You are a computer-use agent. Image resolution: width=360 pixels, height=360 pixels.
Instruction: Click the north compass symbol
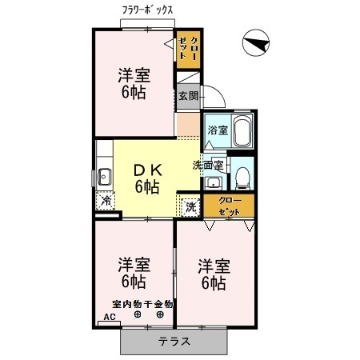(x=256, y=42)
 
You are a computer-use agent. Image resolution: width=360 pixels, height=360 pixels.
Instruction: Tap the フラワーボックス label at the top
(x=147, y=10)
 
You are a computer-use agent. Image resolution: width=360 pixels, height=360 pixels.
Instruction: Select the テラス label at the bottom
(x=174, y=341)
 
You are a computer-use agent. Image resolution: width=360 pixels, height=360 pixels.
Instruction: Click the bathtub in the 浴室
(x=242, y=131)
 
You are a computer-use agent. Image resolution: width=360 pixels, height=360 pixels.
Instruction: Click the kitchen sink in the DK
(x=105, y=177)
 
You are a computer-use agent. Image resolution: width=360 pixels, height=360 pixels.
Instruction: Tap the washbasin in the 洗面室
(x=213, y=182)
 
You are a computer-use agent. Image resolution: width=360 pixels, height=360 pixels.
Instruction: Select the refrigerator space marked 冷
(x=106, y=201)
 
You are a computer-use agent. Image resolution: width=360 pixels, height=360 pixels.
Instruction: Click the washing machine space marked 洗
(x=190, y=207)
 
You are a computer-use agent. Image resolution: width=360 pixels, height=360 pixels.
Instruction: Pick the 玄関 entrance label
(x=189, y=96)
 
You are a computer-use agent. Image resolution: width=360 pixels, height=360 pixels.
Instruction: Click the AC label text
(x=110, y=317)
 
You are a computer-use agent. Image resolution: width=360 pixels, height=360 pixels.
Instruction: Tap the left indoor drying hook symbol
(x=138, y=314)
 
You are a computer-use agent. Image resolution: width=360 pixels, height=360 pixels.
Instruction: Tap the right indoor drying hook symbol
(x=160, y=314)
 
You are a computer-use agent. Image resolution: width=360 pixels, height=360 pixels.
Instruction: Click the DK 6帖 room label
(x=147, y=178)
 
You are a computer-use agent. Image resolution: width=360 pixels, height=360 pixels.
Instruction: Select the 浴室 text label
(x=218, y=130)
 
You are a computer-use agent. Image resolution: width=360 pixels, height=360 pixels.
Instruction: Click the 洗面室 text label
(x=208, y=166)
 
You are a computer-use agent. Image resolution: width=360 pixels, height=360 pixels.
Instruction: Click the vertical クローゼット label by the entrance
(x=189, y=48)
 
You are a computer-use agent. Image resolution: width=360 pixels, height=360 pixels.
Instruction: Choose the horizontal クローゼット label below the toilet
(x=230, y=206)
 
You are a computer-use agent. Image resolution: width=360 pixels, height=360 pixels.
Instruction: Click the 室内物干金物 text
(x=142, y=304)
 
